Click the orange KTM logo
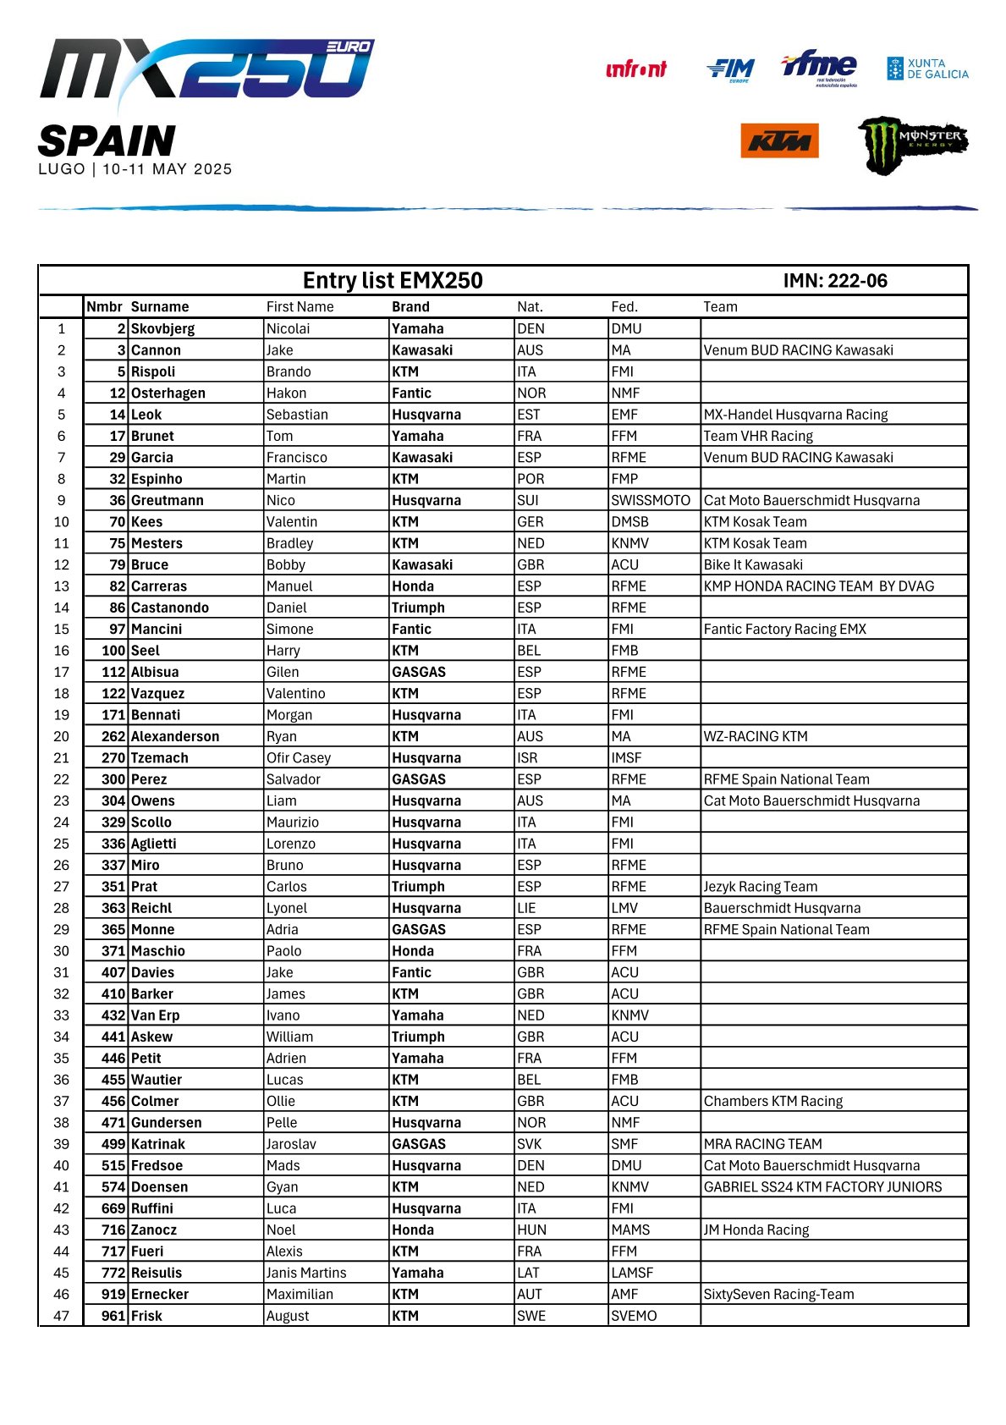778,140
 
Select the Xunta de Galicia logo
927,69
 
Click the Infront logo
636,69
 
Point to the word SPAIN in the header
107,140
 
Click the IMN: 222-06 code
834,281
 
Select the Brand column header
410,306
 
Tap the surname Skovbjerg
162,328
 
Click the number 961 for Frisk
113,1315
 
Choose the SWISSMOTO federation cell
650,500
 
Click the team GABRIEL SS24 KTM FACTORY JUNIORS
822,1186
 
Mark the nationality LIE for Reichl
526,907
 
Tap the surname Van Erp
155,1015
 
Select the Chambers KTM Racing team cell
772,1101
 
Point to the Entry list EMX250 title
393,281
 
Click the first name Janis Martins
305,1272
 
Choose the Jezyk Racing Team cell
760,886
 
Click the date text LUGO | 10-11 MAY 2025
135,169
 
